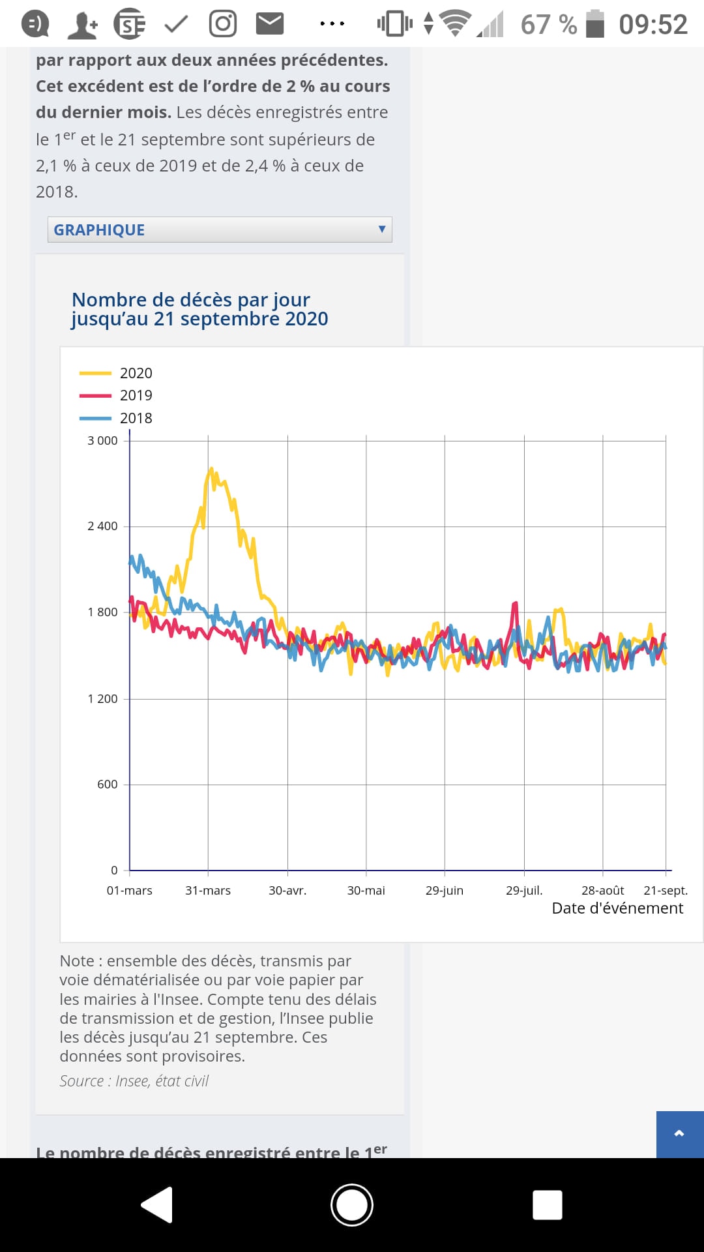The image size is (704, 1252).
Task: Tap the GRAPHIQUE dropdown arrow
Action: [382, 229]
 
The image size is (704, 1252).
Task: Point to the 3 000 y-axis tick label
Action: [102, 441]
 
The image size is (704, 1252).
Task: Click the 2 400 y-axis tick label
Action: [102, 526]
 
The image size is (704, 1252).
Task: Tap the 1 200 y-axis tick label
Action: [102, 699]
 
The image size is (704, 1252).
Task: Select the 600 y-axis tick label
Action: [107, 784]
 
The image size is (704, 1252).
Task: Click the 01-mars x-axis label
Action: [129, 891]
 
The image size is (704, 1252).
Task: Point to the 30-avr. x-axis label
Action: [287, 891]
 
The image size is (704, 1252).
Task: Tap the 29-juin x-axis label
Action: [445, 891]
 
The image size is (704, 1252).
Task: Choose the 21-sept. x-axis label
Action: [666, 891]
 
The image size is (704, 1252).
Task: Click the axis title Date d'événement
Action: [617, 908]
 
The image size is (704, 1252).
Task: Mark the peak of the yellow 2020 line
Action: [211, 469]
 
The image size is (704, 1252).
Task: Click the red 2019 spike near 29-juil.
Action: [516, 604]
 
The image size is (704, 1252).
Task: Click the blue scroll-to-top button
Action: [680, 1134]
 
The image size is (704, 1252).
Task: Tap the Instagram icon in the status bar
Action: [222, 24]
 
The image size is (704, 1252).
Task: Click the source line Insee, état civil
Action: [134, 1081]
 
